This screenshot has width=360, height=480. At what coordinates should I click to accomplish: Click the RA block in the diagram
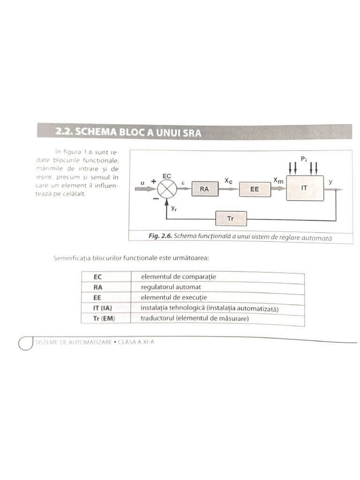pyautogui.click(x=205, y=189)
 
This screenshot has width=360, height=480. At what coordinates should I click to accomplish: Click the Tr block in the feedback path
pyautogui.click(x=231, y=218)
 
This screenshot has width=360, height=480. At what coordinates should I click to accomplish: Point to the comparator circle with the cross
pyautogui.click(x=166, y=189)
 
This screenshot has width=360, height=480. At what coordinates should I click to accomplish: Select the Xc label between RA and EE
pyautogui.click(x=228, y=180)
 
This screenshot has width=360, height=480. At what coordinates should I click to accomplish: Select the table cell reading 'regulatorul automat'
pyautogui.click(x=171, y=287)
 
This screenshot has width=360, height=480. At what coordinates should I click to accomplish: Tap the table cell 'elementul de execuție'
pyautogui.click(x=173, y=298)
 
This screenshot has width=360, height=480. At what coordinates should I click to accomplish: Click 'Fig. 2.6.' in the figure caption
pyautogui.click(x=160, y=237)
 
